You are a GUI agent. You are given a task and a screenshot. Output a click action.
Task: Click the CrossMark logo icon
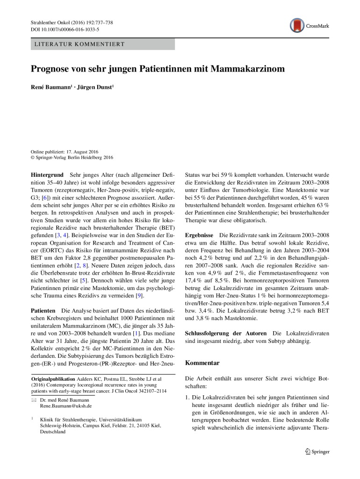point(297,25)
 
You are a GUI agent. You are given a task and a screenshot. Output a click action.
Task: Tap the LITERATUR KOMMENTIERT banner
point(102,44)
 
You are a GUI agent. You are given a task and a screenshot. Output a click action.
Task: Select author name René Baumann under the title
point(49,87)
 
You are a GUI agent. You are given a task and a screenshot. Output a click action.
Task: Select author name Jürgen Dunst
point(93,87)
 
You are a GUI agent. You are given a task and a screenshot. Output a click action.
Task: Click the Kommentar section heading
point(202,363)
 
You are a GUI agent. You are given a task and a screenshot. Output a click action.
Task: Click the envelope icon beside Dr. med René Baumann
point(33,400)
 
